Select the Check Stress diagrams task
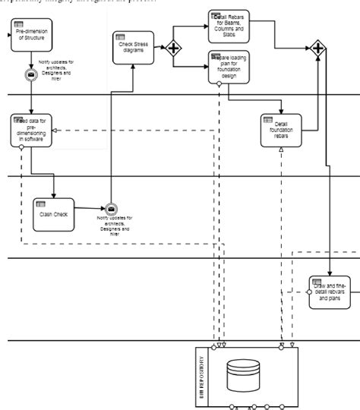pyautogui.click(x=132, y=47)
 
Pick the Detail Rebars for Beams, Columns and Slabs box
pyautogui.click(x=229, y=26)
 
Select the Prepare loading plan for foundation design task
pyautogui.click(x=229, y=67)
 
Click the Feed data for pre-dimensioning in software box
pyautogui.click(x=31, y=130)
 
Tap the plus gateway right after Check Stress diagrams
pyautogui.click(x=174, y=49)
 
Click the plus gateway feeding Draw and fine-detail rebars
pyautogui.click(x=317, y=49)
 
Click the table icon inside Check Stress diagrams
pyautogui.click(x=120, y=36)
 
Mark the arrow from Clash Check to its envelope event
pyautogui.click(x=90, y=209)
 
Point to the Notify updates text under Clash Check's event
pyautogui.click(x=114, y=226)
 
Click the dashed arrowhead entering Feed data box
pyautogui.click(x=55, y=130)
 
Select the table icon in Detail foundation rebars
pyautogui.click(x=267, y=119)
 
